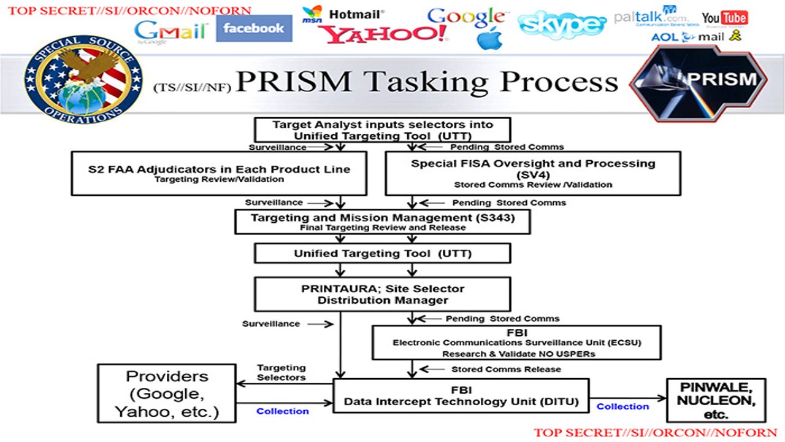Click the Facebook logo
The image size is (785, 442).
click(x=254, y=28)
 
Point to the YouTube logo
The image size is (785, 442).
click(x=724, y=17)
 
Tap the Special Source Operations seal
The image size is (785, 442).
click(x=83, y=79)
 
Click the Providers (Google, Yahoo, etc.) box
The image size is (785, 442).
click(x=167, y=394)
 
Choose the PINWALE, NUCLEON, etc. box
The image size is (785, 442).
click(x=716, y=400)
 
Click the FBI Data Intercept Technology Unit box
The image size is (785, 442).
click(x=461, y=396)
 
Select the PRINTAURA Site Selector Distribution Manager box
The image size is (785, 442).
click(x=382, y=294)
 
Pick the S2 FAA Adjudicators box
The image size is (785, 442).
click(x=219, y=173)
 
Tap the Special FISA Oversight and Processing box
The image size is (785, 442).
click(x=532, y=173)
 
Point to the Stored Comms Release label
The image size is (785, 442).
click(x=506, y=369)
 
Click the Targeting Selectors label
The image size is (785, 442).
click(x=281, y=372)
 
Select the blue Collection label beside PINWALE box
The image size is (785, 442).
click(x=622, y=406)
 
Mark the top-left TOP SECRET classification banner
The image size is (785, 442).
click(x=129, y=10)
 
